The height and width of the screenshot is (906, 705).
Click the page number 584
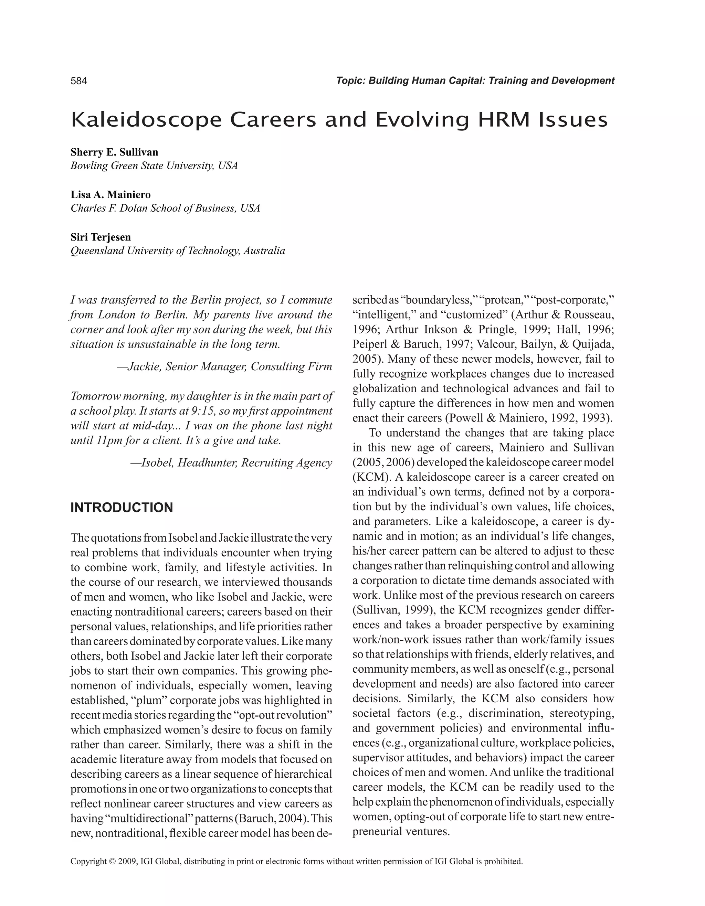[79, 81]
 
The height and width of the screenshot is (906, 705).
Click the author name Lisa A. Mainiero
[111, 194]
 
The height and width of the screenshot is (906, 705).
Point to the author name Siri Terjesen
[101, 237]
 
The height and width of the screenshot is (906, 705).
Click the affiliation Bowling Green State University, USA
[154, 166]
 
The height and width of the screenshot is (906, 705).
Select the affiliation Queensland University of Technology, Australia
[178, 251]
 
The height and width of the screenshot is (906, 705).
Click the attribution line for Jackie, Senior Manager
[224, 367]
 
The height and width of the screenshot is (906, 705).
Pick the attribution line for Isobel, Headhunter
[231, 463]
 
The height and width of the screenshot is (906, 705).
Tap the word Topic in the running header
[350, 81]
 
